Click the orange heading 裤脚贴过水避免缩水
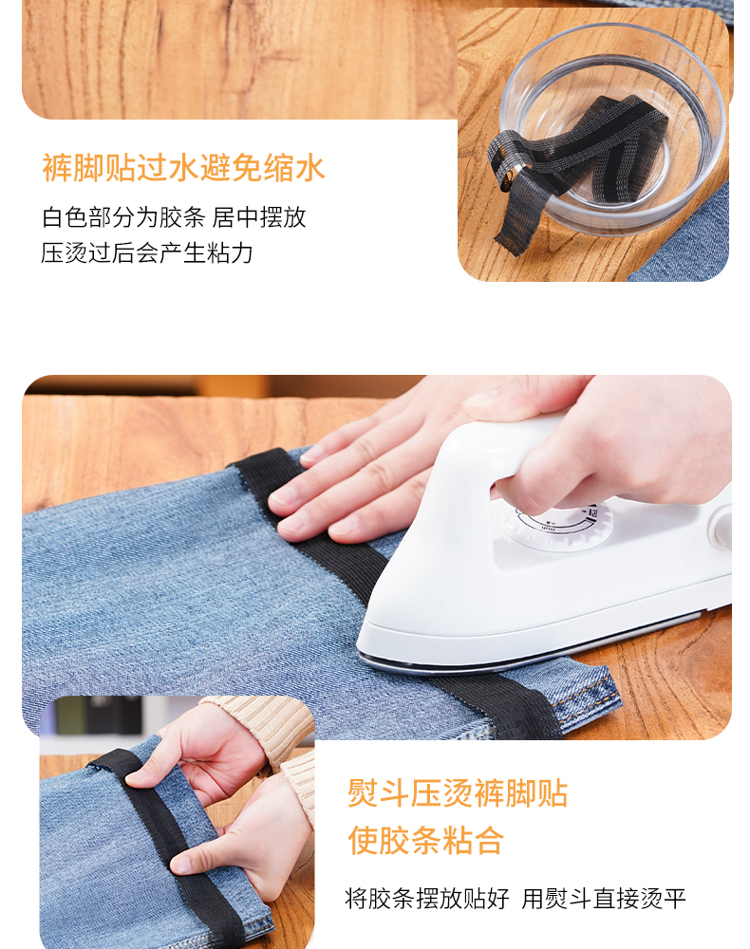click(x=183, y=168)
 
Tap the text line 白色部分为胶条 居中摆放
click(x=174, y=216)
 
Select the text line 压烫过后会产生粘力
click(x=146, y=252)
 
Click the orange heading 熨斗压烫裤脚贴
click(x=458, y=792)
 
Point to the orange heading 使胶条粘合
click(x=425, y=840)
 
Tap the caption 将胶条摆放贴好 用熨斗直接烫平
click(x=516, y=898)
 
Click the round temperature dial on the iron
click(x=553, y=524)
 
